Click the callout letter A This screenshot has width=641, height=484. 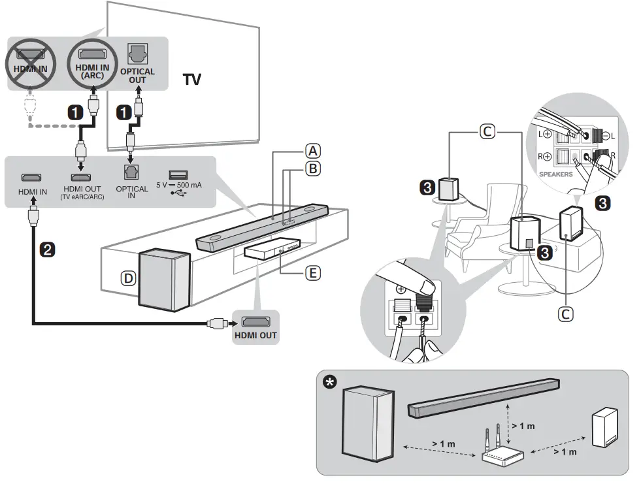pyautogui.click(x=314, y=151)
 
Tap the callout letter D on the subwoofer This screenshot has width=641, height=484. pyautogui.click(x=129, y=278)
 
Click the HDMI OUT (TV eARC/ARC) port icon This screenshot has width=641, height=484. pyautogui.click(x=81, y=177)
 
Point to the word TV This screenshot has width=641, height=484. pyautogui.click(x=191, y=80)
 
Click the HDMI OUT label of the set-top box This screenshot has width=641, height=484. pyautogui.click(x=255, y=336)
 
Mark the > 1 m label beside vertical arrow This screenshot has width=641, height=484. pyautogui.click(x=523, y=426)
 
